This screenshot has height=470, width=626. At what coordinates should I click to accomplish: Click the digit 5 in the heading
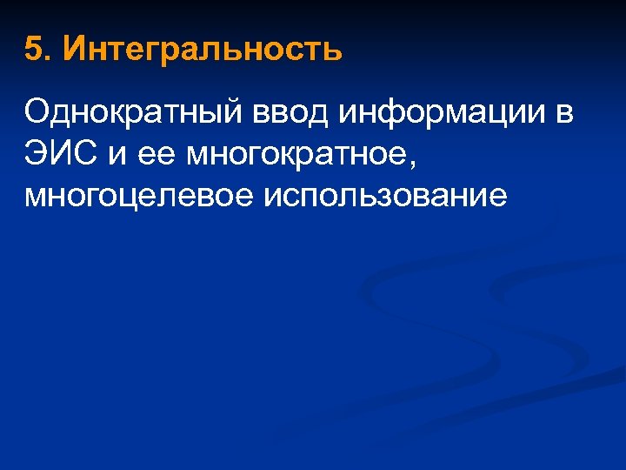[x=33, y=50]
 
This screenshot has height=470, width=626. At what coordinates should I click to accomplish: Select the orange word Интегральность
[x=203, y=50]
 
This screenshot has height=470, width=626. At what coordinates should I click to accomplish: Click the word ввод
[x=279, y=113]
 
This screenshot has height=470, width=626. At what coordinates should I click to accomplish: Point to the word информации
[x=444, y=113]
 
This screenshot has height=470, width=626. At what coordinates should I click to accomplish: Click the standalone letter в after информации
[x=563, y=113]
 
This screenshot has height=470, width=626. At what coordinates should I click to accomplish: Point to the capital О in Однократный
[x=37, y=113]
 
